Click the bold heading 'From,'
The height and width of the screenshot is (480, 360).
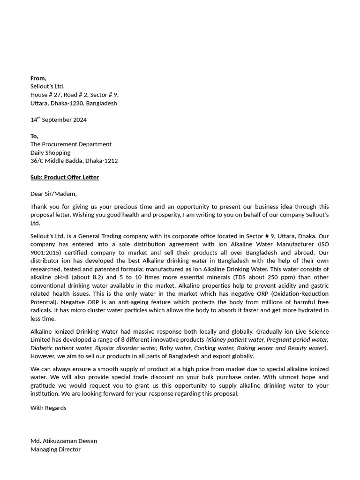pos(38,78)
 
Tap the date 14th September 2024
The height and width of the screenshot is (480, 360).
pos(59,120)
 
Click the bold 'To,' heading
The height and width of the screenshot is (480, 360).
pos(34,136)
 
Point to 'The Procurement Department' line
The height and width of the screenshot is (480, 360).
pos(71,144)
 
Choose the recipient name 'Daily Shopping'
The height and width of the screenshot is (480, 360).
pos(50,152)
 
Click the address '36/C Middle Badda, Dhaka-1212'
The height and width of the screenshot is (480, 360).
pos(74,161)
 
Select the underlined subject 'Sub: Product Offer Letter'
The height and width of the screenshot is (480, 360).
pos(65,177)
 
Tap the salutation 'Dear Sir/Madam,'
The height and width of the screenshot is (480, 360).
pos(53,194)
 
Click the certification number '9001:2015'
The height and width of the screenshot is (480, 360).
pos(45,253)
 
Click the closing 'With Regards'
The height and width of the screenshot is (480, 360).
pos(48,408)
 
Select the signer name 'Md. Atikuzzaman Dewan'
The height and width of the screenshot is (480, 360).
pos(64,441)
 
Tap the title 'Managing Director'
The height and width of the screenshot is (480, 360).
pos(55,450)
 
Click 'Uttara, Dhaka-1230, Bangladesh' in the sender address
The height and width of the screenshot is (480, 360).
pos(74,103)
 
